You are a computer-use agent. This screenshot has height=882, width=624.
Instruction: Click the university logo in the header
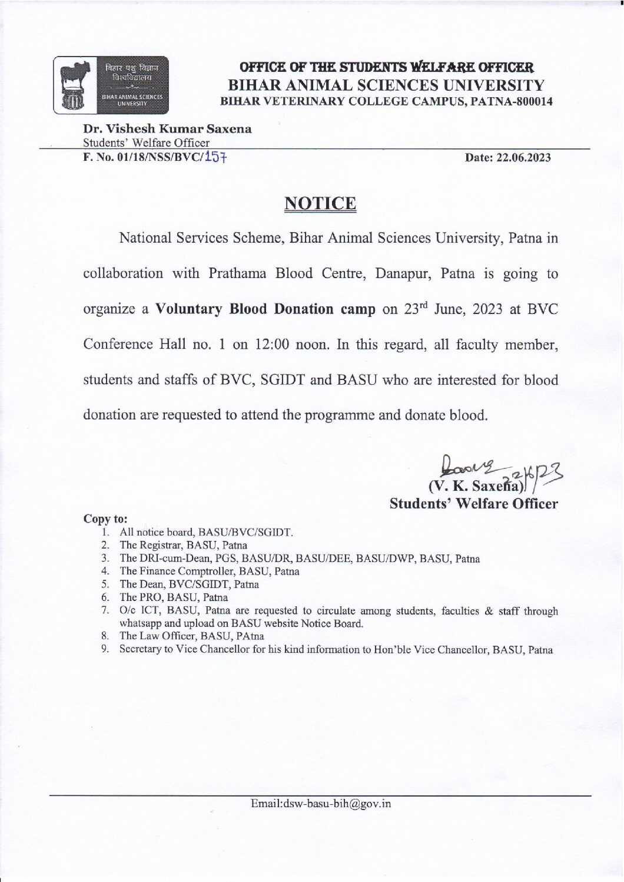point(111,85)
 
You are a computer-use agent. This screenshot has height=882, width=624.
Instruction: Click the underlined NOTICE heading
point(320,203)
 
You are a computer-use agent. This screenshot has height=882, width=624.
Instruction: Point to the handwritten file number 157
point(217,157)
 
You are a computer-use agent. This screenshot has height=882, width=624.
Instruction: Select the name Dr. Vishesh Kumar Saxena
point(167,129)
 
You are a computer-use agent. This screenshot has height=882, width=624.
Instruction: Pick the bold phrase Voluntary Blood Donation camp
point(265,309)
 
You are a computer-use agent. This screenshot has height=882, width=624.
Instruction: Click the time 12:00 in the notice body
point(271,345)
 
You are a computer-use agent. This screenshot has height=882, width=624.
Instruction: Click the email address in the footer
point(321,804)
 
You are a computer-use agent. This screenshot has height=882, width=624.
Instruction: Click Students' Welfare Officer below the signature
point(473,504)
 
